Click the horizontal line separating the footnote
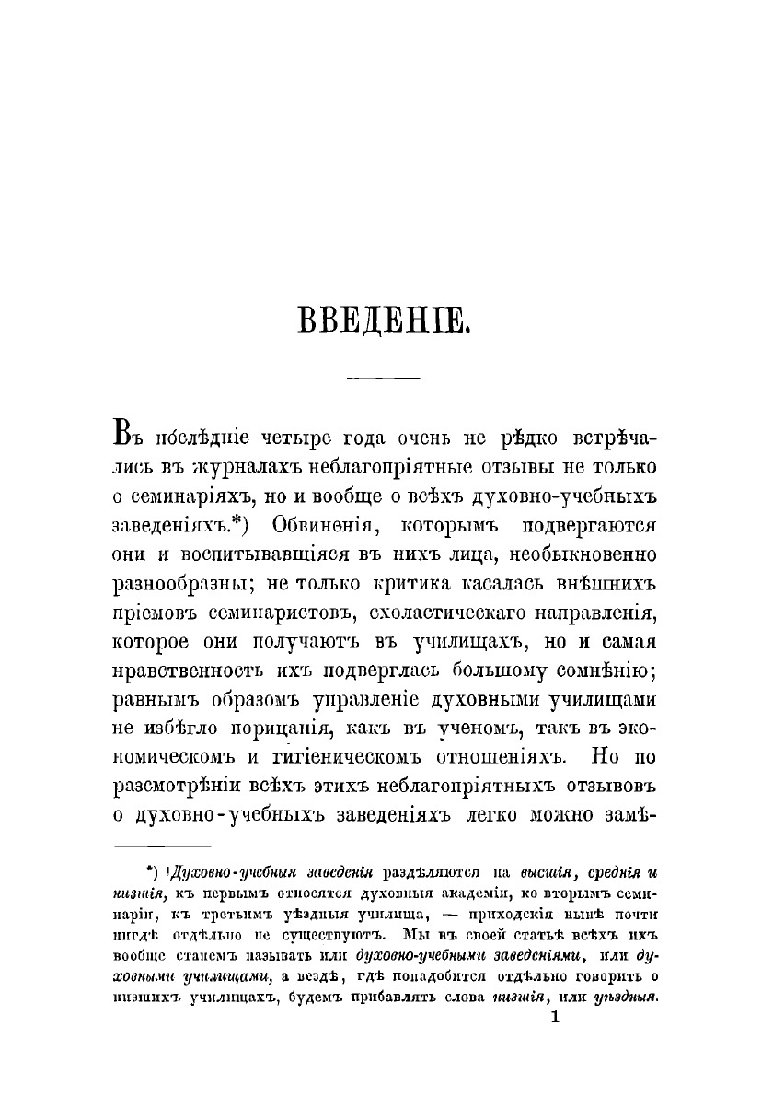click(162, 846)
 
